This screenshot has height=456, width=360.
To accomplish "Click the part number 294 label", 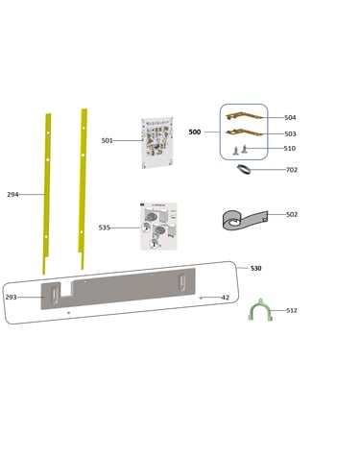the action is click(12, 194).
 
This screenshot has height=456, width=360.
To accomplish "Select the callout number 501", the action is click(108, 140).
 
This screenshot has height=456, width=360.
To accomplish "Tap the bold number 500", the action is click(195, 132).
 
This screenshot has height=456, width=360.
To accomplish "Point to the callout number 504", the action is click(290, 117).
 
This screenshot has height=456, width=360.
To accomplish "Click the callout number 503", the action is click(290, 133).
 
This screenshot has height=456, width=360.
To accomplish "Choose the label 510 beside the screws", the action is click(290, 148).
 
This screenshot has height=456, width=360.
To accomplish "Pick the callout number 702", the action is click(292, 170).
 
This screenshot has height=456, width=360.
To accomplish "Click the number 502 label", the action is click(292, 214).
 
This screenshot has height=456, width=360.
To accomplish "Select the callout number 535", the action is click(105, 228).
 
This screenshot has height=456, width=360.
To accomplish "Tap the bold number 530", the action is click(256, 268).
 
